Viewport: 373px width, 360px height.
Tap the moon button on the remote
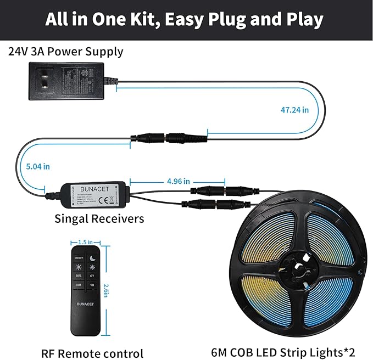tap(93, 257)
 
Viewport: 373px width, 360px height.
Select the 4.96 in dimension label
tap(178, 181)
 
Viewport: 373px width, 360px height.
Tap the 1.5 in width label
tap(85, 241)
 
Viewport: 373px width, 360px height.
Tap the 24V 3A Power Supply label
tap(65, 52)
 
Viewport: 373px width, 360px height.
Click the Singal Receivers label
tap(99, 218)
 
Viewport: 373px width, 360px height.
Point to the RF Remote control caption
tap(92, 353)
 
